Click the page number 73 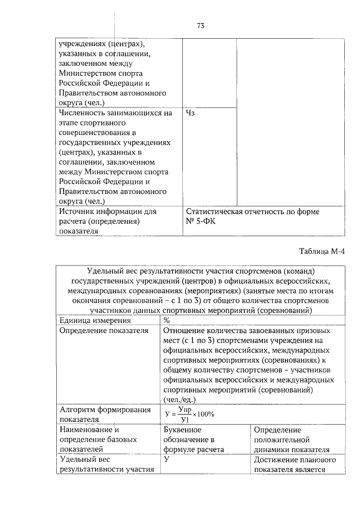tap(201, 25)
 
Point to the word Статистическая tap(214, 212)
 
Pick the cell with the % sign tap(166, 320)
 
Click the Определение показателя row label tap(103, 330)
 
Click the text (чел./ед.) tap(181, 399)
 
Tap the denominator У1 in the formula tap(184, 419)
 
